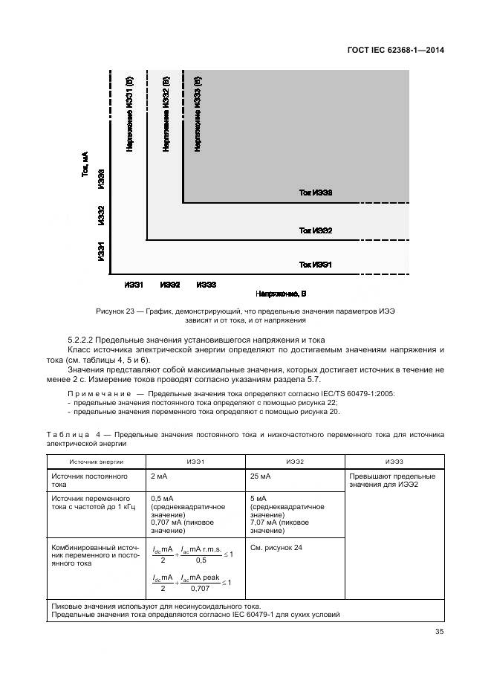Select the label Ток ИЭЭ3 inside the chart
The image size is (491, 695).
tap(315, 193)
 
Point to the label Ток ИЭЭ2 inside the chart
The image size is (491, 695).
tap(315, 231)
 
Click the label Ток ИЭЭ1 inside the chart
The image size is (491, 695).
tap(315, 264)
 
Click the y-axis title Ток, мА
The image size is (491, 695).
tap(85, 164)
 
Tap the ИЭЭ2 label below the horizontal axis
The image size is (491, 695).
tap(170, 285)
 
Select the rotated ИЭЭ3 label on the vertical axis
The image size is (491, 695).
tap(102, 183)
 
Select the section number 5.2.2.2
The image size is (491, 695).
tap(83, 340)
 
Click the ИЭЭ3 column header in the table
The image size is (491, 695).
tap(394, 462)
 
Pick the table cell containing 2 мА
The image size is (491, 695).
tap(159, 475)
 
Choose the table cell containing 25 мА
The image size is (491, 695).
tap(260, 475)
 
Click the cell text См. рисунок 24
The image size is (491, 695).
tap(276, 548)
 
